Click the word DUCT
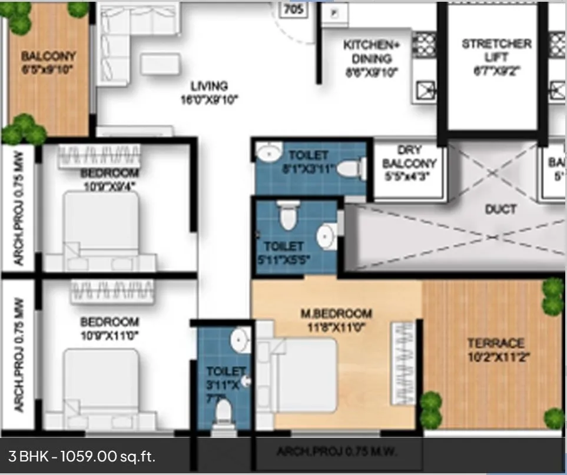500,209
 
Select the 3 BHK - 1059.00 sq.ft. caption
82,456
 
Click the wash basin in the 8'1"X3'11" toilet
268,152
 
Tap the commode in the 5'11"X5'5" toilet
288,216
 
